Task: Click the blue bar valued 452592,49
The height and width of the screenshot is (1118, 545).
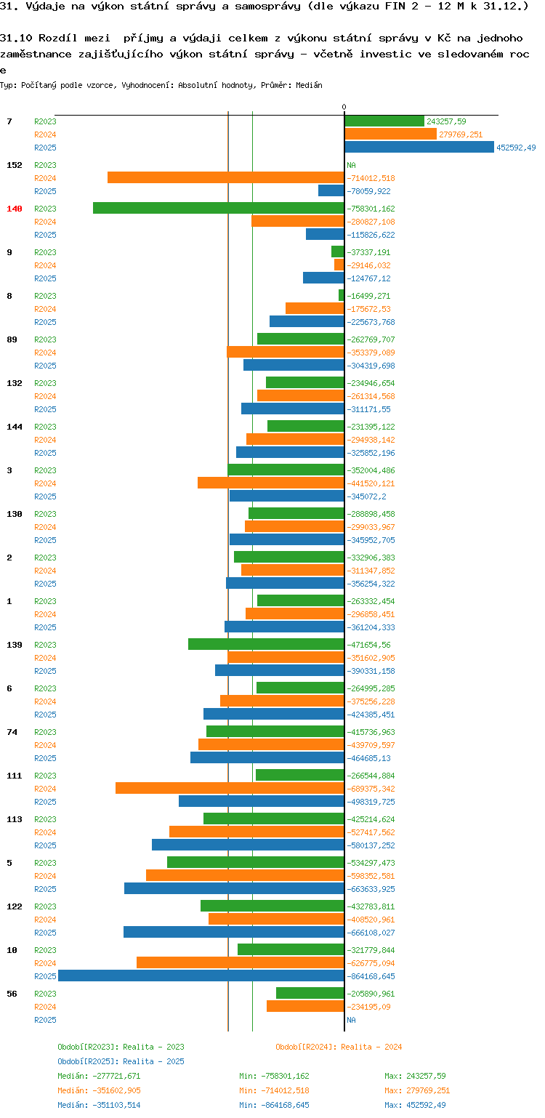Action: [x=419, y=148]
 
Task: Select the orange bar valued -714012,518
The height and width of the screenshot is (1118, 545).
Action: [x=226, y=178]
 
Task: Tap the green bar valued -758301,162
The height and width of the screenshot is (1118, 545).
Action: [x=219, y=209]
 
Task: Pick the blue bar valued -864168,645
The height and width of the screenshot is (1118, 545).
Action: [x=201, y=976]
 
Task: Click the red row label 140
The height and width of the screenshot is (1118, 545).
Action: [x=15, y=209]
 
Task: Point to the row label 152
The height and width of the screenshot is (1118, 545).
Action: [x=15, y=165]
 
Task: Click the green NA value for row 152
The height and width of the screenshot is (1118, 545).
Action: [x=352, y=165]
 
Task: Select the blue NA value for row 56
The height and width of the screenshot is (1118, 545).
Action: [x=352, y=1020]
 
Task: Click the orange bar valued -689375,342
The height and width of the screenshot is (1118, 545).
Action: [x=230, y=789]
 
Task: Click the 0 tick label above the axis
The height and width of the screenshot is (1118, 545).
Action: [x=344, y=108]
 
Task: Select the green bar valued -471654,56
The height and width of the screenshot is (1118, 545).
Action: [x=266, y=645]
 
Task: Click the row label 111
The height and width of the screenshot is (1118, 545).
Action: [x=15, y=776]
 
